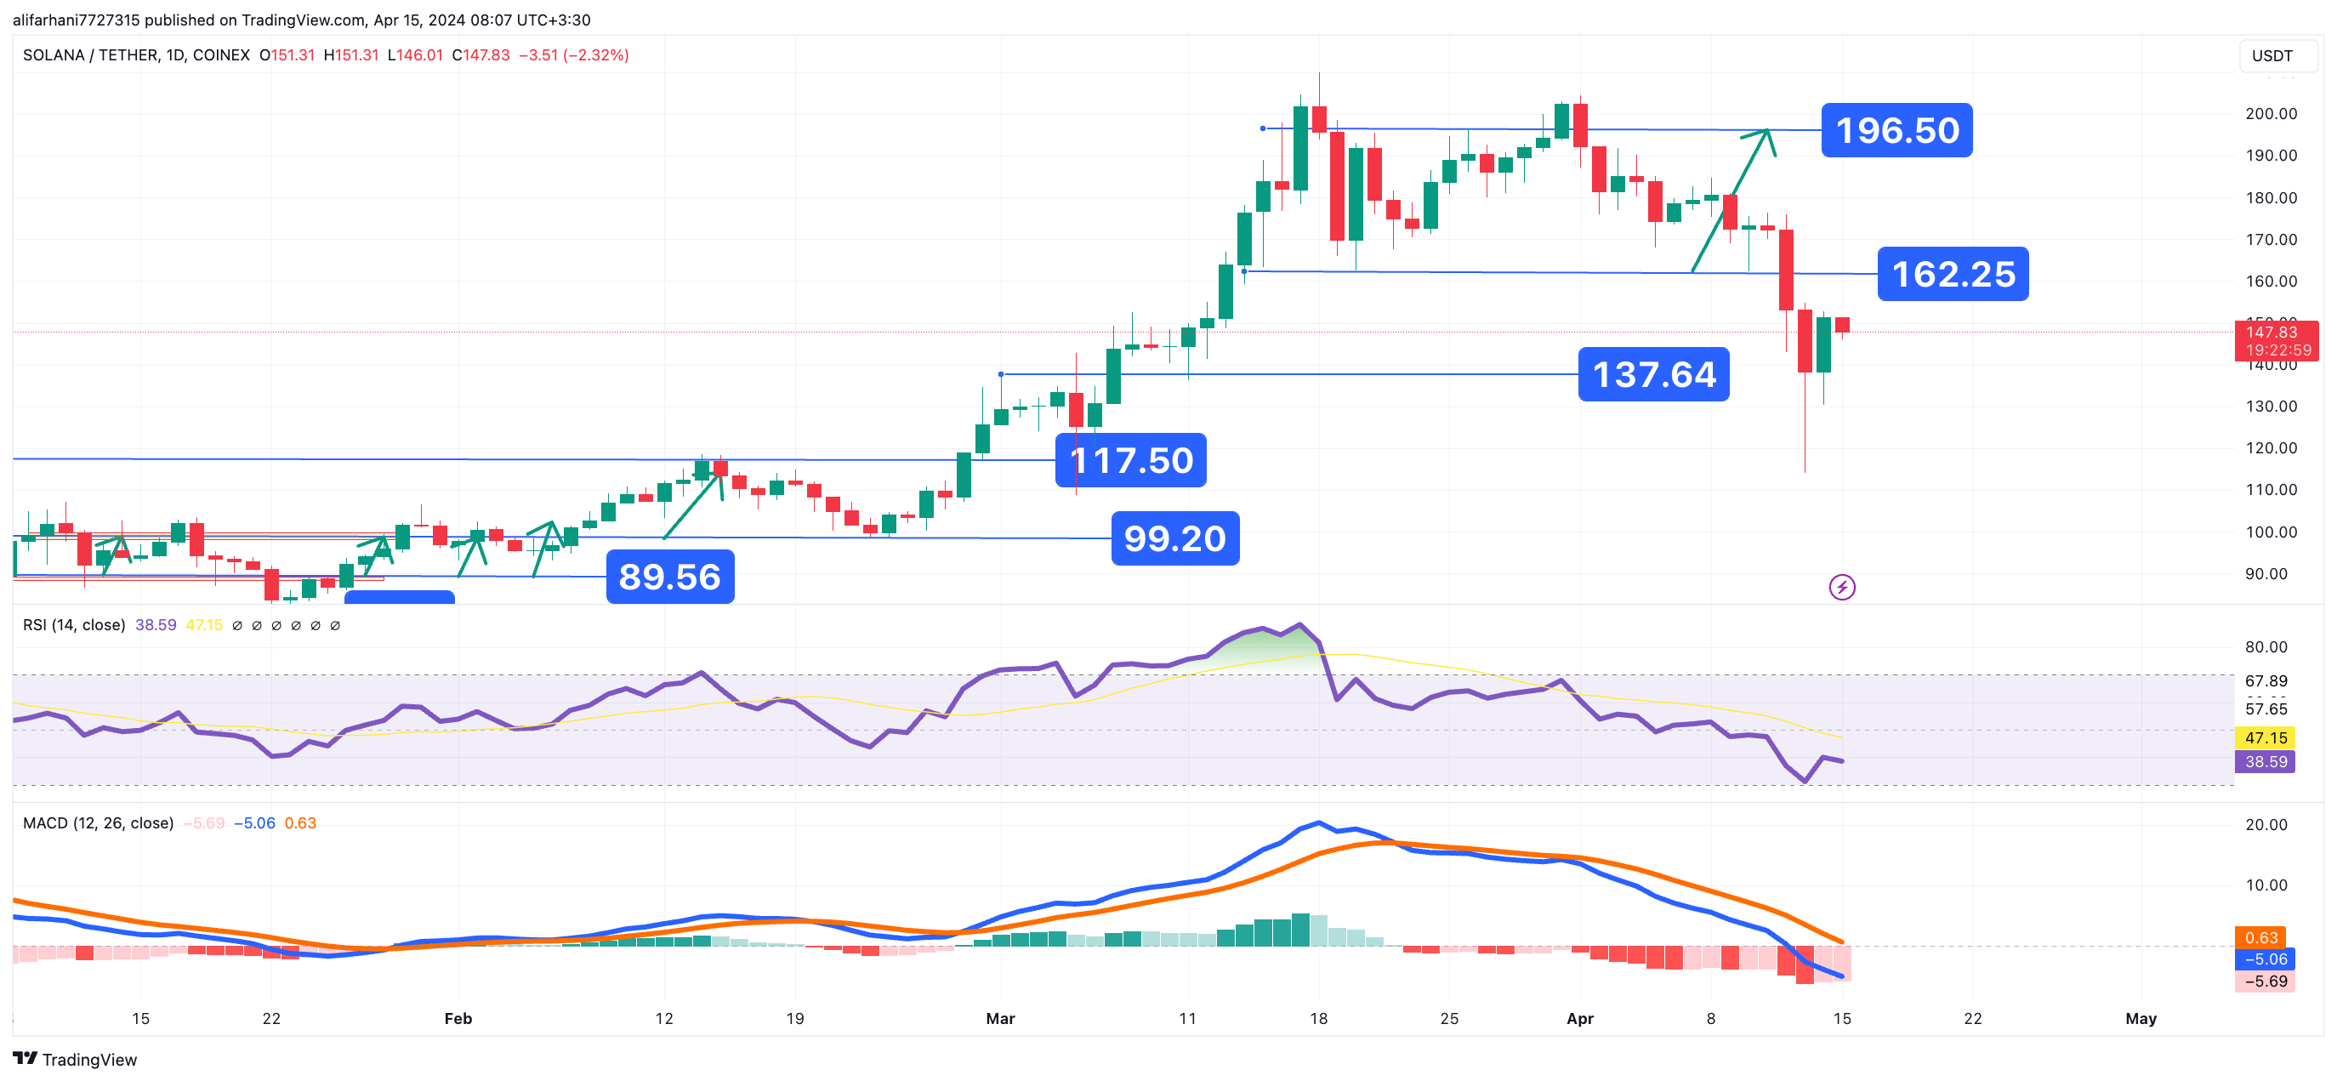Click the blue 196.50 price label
(1896, 131)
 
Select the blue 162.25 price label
(1953, 274)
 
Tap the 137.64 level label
(1653, 375)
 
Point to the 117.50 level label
(1130, 461)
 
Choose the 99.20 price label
(1174, 539)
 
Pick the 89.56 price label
(669, 577)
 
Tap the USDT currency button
(2272, 56)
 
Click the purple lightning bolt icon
(1842, 587)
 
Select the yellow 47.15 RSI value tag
(2265, 738)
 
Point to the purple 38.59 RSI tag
(2265, 761)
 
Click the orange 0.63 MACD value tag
(2260, 937)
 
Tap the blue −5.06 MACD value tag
(2265, 959)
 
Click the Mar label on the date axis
(1000, 1018)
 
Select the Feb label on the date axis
(458, 1018)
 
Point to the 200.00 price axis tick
(2271, 113)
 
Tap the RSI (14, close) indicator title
(73, 624)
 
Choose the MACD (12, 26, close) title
(98, 823)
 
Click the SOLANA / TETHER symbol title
(136, 55)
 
